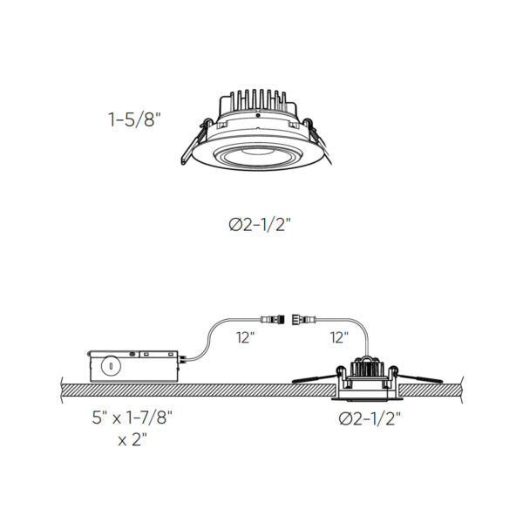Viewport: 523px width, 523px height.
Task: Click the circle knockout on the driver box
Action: tap(112, 365)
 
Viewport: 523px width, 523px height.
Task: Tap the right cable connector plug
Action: tap(307, 318)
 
